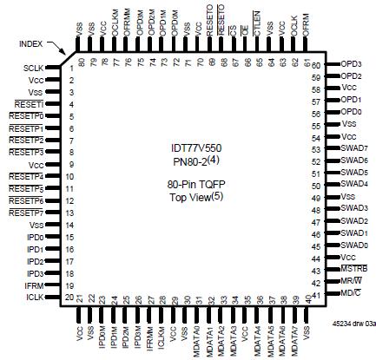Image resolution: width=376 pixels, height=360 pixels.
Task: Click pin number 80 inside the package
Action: [82, 62]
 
